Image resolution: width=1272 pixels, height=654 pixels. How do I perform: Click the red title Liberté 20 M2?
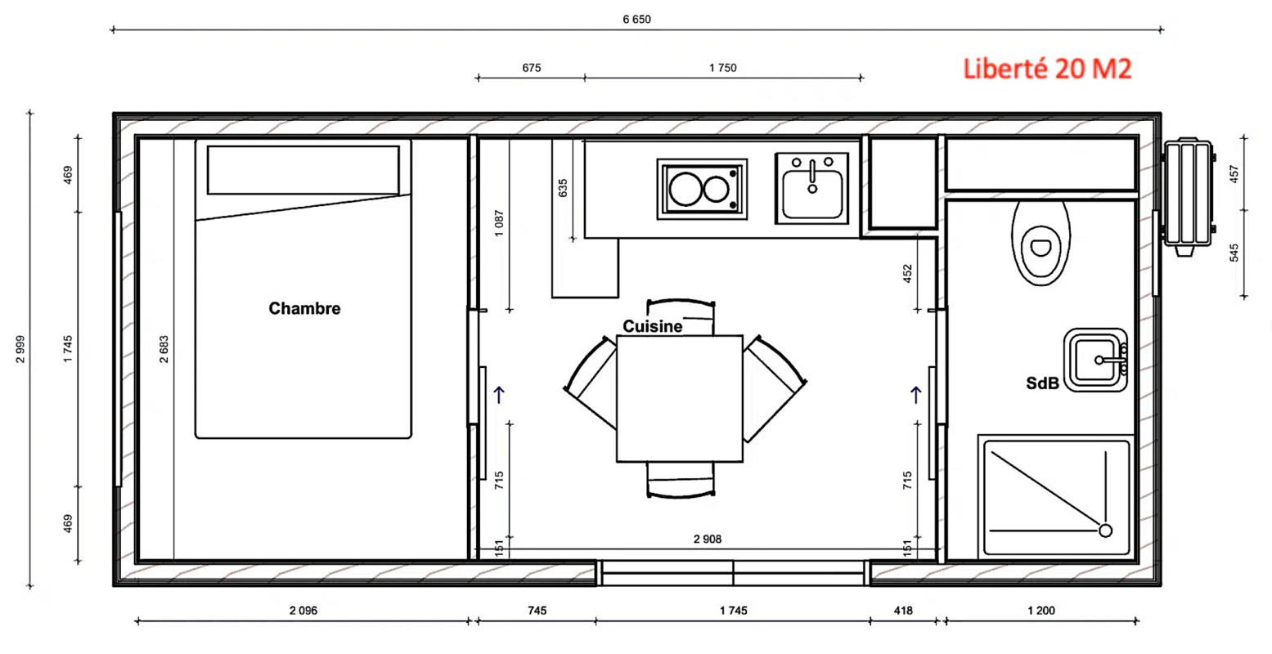(x=1047, y=69)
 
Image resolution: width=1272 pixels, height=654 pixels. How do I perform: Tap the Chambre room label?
(x=304, y=308)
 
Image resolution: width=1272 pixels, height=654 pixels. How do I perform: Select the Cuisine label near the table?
(x=653, y=326)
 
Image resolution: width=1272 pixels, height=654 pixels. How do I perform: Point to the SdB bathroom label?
(x=1043, y=383)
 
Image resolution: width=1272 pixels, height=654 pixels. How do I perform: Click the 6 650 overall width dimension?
(x=636, y=20)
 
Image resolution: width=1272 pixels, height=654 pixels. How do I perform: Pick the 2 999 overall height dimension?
(x=20, y=349)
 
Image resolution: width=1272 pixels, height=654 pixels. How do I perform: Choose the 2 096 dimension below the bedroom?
(x=303, y=611)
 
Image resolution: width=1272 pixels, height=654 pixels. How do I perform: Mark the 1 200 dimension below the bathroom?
(x=1041, y=611)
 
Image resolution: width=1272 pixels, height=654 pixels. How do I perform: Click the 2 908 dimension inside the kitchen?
(x=708, y=539)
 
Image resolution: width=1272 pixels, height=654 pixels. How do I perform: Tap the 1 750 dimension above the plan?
(x=723, y=68)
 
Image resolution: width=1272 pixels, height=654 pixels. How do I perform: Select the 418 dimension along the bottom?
(x=903, y=611)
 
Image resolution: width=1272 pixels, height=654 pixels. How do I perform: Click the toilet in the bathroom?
(x=1041, y=243)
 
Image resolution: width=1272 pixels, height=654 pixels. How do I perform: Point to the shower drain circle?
(x=1105, y=531)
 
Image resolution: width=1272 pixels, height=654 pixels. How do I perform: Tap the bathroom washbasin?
(x=1095, y=360)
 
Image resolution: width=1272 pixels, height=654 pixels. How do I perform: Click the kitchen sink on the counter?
(x=812, y=188)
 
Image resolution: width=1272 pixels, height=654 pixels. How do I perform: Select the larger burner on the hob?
(x=685, y=189)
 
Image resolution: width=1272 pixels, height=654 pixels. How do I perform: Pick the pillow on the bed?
(x=303, y=170)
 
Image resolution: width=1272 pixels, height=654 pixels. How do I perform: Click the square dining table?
(x=680, y=399)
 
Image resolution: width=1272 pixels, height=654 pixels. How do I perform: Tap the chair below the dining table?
(x=681, y=480)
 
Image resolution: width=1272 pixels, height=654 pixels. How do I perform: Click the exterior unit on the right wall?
(x=1188, y=196)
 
